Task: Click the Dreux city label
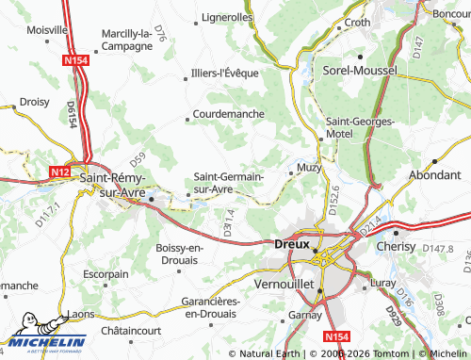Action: (291, 243)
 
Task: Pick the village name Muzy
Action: (309, 168)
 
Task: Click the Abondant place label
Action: (434, 175)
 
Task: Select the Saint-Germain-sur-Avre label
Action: (228, 183)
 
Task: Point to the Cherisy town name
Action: (395, 245)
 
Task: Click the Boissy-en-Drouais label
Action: (179, 254)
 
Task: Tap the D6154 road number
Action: (70, 114)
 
